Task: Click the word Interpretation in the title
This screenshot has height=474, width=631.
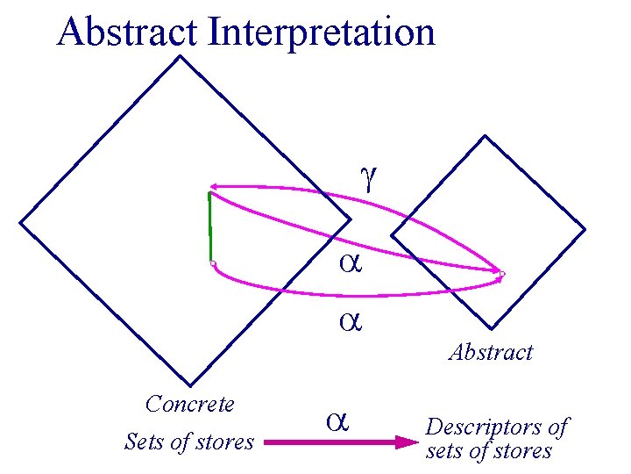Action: click(x=322, y=33)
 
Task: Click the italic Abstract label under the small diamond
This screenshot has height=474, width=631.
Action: click(x=491, y=353)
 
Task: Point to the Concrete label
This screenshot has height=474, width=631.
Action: click(x=190, y=404)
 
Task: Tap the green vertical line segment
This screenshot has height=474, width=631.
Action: click(x=210, y=228)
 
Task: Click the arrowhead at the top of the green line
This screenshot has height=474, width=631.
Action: click(x=213, y=188)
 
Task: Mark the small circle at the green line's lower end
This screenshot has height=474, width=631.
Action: click(x=212, y=263)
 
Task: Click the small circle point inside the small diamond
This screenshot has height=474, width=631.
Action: click(x=502, y=275)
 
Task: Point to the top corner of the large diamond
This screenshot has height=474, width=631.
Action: click(x=180, y=57)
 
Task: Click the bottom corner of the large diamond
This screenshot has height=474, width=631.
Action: click(x=186, y=387)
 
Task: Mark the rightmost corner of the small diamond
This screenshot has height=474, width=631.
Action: click(x=585, y=230)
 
